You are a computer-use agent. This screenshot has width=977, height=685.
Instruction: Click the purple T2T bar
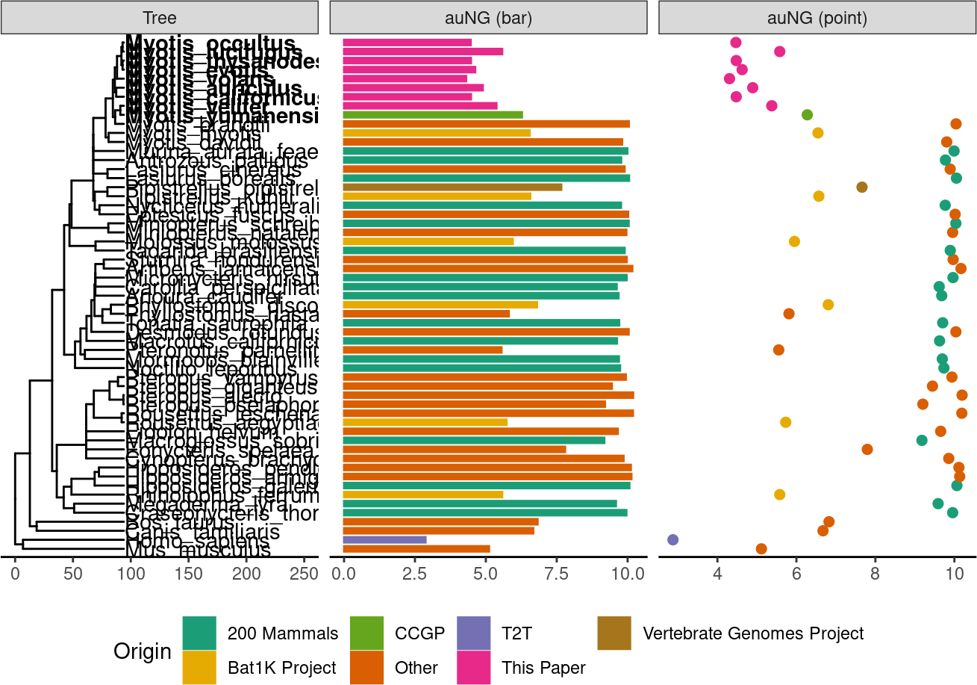[384, 539]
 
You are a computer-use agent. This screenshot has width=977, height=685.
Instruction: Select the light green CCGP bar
[432, 115]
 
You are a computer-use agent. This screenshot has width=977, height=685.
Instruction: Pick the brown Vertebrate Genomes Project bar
[452, 187]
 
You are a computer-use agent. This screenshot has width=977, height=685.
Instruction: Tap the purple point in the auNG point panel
[672, 539]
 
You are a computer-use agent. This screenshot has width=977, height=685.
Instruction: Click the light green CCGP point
[807, 115]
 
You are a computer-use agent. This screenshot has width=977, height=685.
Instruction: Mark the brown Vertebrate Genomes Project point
[862, 187]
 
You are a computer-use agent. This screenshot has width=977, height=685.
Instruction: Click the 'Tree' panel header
[160, 19]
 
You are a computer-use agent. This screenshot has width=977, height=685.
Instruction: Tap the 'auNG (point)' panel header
[817, 19]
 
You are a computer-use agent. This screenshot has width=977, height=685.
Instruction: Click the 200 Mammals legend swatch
[199, 633]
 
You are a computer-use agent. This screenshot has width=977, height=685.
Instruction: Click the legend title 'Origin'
[142, 651]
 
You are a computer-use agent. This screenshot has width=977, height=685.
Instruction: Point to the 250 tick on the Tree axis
[304, 574]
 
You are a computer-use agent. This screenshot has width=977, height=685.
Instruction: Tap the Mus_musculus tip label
[198, 551]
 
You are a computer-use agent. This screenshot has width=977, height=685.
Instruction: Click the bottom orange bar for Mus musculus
[416, 549]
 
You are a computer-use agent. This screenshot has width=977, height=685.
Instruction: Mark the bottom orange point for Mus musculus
[761, 549]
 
